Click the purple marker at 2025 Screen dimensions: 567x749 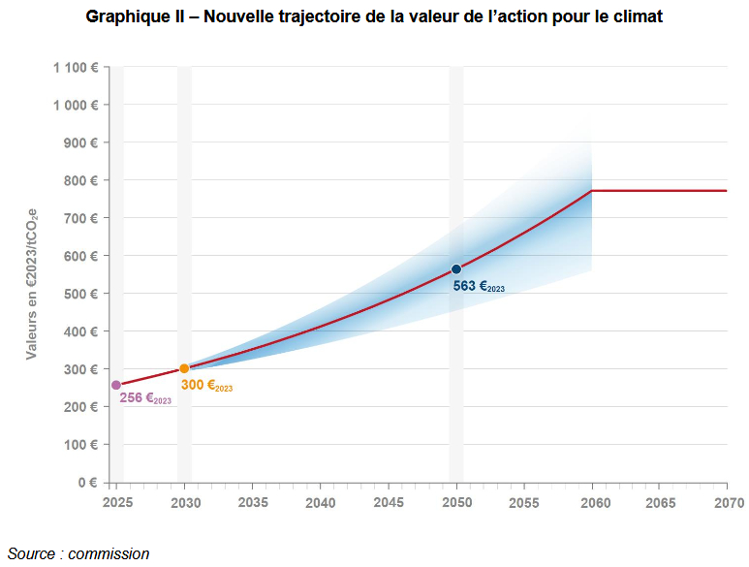click(116, 385)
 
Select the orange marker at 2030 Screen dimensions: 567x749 click(184, 368)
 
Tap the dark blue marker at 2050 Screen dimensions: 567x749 click(455, 269)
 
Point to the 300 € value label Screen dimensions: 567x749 click(206, 386)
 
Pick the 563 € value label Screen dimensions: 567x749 click(479, 286)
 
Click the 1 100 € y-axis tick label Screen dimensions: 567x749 click(76, 67)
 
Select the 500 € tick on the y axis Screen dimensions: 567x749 click(80, 294)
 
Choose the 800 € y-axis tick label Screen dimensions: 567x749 click(80, 180)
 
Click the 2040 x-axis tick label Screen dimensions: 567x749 click(320, 503)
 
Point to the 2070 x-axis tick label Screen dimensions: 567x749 click(728, 503)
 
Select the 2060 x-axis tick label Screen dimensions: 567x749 click(591, 503)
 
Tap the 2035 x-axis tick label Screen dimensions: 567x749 click(252, 503)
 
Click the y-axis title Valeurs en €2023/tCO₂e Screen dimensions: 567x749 click(31, 275)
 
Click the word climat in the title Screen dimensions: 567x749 click(636, 17)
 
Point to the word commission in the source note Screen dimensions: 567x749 click(109, 554)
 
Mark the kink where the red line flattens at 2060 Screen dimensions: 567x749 click(591, 191)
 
